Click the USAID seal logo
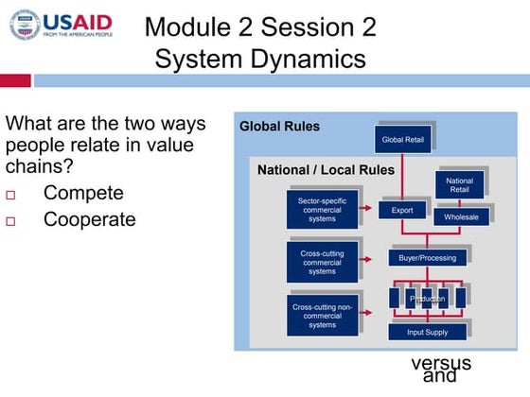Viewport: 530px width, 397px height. click(25, 26)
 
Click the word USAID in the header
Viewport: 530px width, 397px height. click(78, 22)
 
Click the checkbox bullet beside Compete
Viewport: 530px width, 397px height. click(11, 195)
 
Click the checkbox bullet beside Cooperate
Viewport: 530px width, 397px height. click(11, 221)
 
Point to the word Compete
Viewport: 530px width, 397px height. click(83, 193)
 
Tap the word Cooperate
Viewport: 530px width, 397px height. click(90, 219)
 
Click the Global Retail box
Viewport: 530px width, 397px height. click(403, 140)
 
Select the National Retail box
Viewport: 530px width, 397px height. click(460, 184)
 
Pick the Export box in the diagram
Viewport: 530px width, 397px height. click(402, 211)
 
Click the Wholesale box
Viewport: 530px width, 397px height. click(461, 217)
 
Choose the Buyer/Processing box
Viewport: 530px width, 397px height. click(427, 257)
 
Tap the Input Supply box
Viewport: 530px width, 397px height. click(427, 332)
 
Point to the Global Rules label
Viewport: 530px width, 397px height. click(279, 126)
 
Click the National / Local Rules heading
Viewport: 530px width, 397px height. click(326, 170)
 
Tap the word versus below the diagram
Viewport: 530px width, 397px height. click(440, 363)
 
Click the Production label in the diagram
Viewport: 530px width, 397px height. click(427, 299)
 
